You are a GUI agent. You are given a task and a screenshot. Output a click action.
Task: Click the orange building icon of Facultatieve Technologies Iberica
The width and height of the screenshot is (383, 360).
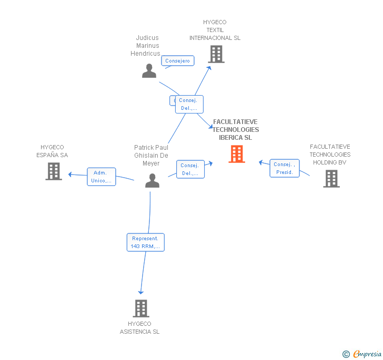pyautogui.click(x=237, y=154)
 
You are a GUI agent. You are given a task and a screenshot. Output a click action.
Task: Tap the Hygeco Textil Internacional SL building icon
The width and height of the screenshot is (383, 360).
pyautogui.click(x=216, y=54)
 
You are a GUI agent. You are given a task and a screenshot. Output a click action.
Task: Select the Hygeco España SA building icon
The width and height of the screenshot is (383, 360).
pyautogui.click(x=54, y=171)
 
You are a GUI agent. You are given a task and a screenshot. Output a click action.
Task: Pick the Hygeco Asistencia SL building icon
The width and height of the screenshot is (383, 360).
pyautogui.click(x=140, y=308)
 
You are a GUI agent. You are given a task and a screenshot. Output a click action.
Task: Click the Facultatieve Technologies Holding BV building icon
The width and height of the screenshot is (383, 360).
pyautogui.click(x=331, y=179)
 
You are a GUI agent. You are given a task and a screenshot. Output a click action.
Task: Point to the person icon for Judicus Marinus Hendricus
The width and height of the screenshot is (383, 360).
pyautogui.click(x=149, y=71)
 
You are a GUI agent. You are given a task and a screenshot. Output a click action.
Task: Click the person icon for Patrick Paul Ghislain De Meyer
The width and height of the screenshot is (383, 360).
pyautogui.click(x=152, y=180)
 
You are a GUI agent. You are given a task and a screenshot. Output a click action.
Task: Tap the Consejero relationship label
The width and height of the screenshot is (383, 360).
pyautogui.click(x=177, y=61)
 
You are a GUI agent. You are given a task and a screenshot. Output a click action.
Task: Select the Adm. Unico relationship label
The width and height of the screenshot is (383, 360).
pyautogui.click(x=101, y=177)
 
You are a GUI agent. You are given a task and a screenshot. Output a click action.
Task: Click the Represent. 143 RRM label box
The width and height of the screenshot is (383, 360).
pyautogui.click(x=145, y=242)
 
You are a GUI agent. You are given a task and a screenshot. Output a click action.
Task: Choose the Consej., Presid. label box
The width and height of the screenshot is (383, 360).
pyautogui.click(x=284, y=168)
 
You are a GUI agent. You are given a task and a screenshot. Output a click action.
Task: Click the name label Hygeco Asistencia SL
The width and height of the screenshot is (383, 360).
pyautogui.click(x=139, y=328)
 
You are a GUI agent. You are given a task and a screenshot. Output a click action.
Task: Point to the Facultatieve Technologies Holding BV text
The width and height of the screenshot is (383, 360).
pyautogui.click(x=330, y=155)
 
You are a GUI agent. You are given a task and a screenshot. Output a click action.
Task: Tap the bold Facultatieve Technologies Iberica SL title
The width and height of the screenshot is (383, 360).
pyautogui.click(x=236, y=130)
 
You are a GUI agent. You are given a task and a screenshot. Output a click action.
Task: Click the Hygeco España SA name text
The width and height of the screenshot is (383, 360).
pyautogui.click(x=52, y=151)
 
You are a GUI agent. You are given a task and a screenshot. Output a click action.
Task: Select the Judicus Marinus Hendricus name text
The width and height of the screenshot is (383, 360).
pyautogui.click(x=147, y=46)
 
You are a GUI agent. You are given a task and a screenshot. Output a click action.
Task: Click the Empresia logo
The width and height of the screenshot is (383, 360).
pyautogui.click(x=367, y=354)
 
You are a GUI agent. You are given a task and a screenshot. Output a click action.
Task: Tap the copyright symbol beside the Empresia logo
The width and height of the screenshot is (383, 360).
pyautogui.click(x=346, y=354)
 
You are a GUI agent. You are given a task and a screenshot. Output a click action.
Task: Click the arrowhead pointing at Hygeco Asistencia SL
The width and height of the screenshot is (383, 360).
pyautogui.click(x=140, y=292)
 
